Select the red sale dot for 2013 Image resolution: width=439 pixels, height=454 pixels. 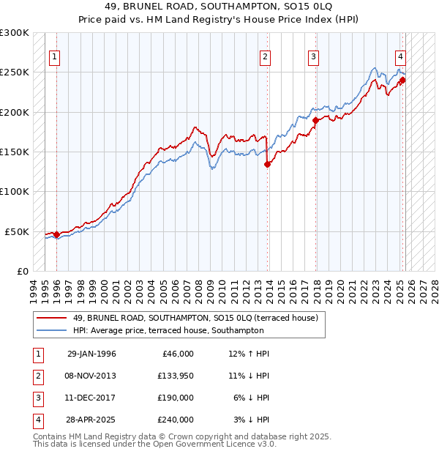(267, 165)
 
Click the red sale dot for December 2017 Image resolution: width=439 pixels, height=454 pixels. (315, 120)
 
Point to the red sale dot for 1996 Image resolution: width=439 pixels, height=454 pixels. (56, 234)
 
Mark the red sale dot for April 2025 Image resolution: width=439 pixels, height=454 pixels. (402, 81)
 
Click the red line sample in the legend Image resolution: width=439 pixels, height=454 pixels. (51, 318)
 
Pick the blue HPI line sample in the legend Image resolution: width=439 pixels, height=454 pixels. (51, 331)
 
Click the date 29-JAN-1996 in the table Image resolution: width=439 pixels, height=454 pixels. (91, 354)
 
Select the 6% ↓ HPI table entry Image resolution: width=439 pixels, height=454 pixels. (252, 398)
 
